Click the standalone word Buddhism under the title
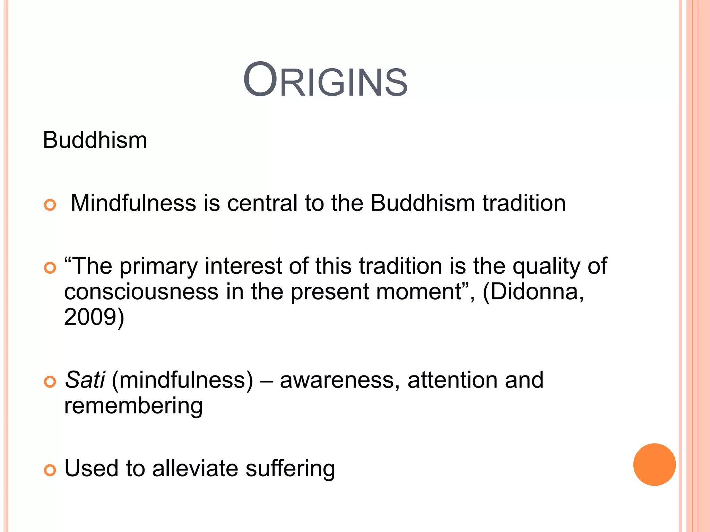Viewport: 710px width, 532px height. click(95, 140)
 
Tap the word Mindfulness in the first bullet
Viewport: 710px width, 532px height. click(133, 203)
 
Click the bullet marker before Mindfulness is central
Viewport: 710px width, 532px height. click(50, 205)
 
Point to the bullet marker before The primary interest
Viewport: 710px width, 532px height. click(50, 268)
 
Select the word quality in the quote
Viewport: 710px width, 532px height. click(545, 267)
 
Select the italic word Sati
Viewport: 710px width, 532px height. click(85, 380)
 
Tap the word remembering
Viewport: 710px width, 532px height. click(133, 406)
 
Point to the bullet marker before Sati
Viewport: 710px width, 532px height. click(50, 382)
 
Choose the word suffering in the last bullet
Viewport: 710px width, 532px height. click(290, 468)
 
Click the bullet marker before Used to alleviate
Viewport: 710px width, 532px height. click(50, 470)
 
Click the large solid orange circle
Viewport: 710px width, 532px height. click(654, 464)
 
